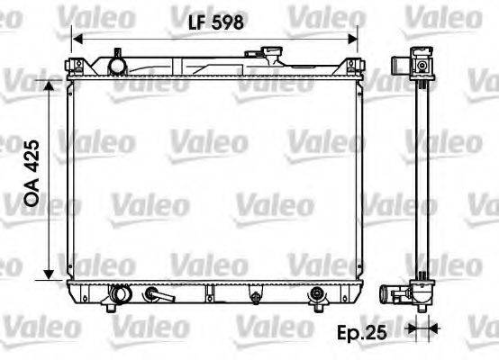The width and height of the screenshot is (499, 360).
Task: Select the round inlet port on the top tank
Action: [115, 64]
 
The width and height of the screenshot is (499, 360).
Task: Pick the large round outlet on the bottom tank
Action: [119, 293]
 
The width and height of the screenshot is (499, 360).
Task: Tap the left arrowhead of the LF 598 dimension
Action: [77, 39]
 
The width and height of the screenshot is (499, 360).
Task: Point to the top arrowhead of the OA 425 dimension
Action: [61, 81]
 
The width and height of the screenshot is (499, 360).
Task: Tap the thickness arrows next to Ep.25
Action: [416, 328]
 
